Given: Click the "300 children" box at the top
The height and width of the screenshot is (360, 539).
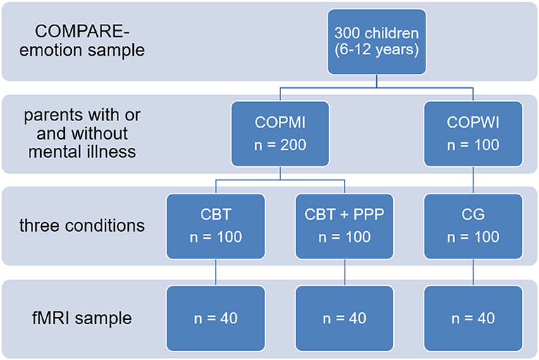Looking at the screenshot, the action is (377, 42).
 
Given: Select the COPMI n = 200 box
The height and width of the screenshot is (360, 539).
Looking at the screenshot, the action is (280, 134).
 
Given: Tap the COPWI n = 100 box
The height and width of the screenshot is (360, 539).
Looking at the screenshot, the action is (473, 134).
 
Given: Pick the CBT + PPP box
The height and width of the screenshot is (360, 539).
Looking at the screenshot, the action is (345, 226).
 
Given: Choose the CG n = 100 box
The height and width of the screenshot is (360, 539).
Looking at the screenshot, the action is (473, 226).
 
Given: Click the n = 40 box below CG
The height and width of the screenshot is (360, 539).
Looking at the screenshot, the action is (473, 318).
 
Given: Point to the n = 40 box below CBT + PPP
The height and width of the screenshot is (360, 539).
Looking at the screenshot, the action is (345, 318).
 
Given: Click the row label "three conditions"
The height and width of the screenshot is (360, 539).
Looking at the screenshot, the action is (82, 226).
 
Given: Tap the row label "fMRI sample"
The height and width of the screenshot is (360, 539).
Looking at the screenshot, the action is (82, 318).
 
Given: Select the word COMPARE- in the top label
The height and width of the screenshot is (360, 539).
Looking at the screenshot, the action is (82, 32).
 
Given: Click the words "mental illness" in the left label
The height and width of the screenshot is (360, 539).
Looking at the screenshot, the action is (82, 151).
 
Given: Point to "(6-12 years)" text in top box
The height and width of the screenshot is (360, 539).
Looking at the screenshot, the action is (377, 50).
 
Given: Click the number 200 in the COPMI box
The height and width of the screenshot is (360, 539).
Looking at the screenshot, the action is (293, 144).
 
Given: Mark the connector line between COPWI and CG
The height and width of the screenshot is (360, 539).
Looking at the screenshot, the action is (473, 180).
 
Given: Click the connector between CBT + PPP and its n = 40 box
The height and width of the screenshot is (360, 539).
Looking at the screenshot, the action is (345, 273).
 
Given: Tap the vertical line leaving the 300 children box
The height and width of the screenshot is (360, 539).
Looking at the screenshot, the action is (377, 81).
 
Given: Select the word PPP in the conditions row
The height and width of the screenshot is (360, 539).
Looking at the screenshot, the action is (368, 215).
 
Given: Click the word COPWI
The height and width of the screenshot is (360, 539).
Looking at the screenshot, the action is (473, 123).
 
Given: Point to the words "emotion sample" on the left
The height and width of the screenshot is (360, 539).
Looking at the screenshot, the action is (82, 50).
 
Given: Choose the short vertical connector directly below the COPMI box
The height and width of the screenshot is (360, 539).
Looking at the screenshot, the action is (280, 173).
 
